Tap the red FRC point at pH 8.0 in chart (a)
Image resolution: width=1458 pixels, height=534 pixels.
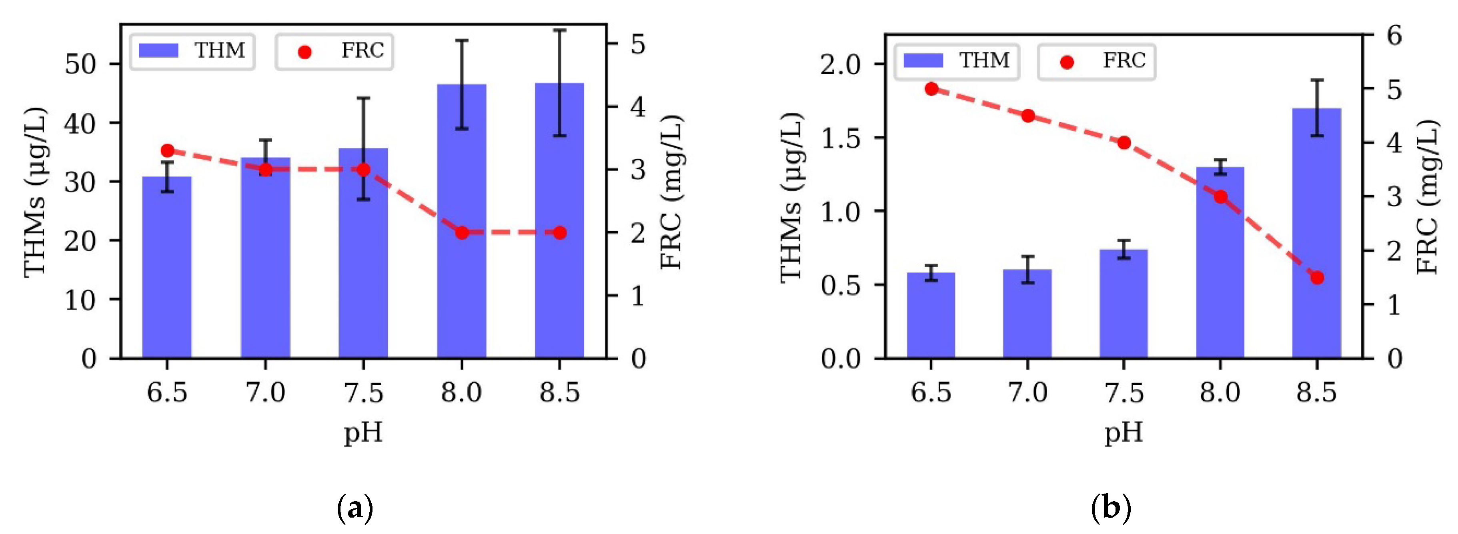pos(462,232)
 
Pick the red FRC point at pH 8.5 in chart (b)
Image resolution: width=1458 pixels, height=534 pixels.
pos(1317,278)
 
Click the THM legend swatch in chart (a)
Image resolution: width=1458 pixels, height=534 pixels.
pos(158,50)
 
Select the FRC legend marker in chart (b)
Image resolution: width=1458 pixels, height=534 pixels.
pos(1067,62)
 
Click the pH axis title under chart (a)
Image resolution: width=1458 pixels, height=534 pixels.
pos(363,433)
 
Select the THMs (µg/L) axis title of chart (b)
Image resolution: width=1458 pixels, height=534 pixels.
pos(791,197)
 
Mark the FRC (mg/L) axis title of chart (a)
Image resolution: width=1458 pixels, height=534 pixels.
pos(671,192)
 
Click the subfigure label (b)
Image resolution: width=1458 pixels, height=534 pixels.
pos(1110,508)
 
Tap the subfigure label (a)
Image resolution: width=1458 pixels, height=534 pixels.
pos(355,508)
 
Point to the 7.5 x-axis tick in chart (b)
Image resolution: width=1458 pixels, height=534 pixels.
pos(1124,392)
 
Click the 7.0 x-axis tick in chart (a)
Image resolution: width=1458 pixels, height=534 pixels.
pos(265,392)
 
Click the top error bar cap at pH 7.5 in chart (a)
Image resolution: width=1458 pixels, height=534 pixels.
pos(363,98)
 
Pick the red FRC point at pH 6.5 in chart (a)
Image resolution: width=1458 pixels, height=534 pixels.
pos(167,150)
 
